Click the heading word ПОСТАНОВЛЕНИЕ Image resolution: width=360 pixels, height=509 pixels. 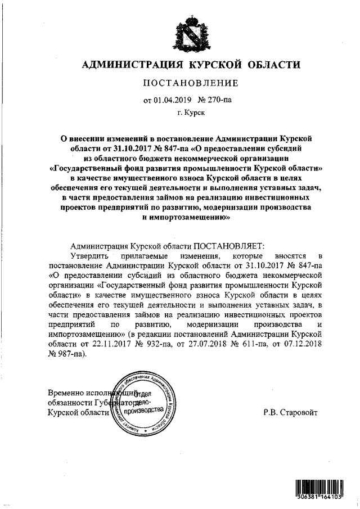pyautogui.click(x=191, y=83)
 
